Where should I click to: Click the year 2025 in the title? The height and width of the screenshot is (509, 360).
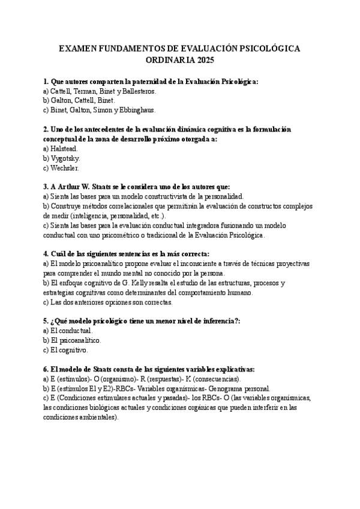tap(204, 61)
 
